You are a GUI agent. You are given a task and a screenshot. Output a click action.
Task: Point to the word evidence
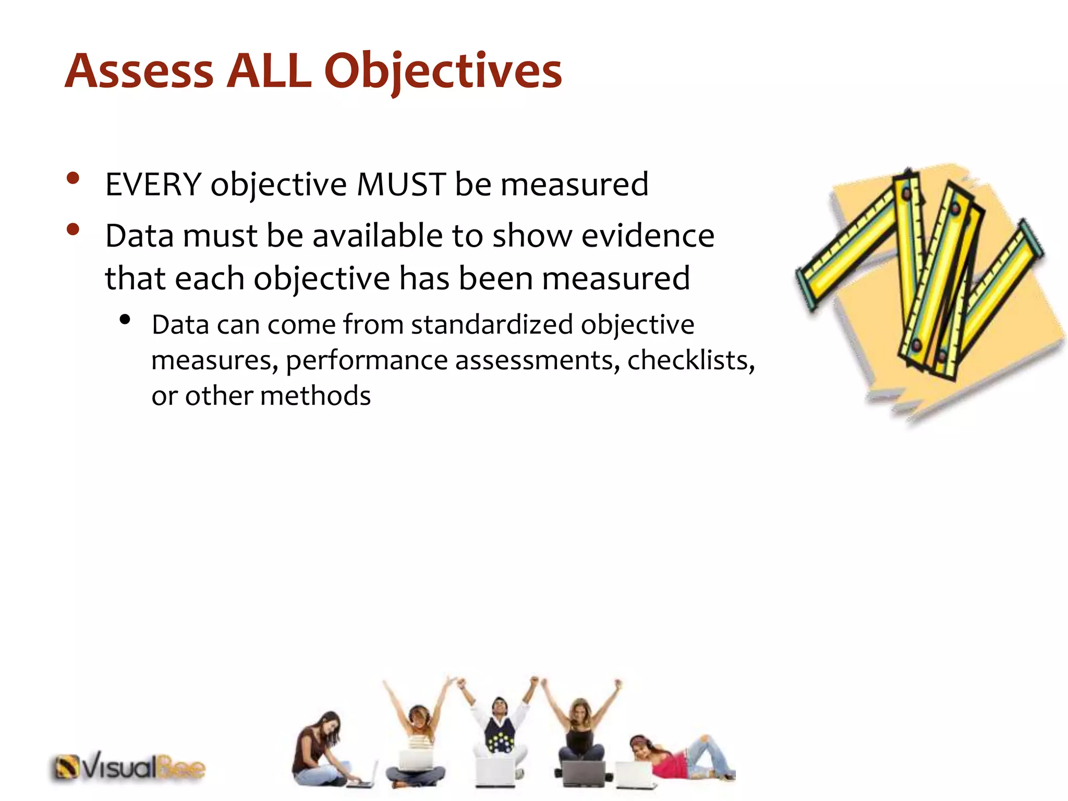click(648, 236)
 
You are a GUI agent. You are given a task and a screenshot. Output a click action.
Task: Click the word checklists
click(690, 360)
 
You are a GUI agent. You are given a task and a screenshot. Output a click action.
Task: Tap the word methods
click(315, 395)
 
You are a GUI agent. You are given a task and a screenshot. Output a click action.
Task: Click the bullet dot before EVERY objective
click(73, 178)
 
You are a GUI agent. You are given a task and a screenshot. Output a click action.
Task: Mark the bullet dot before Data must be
click(73, 229)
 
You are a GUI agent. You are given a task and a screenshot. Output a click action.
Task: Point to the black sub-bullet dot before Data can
click(124, 320)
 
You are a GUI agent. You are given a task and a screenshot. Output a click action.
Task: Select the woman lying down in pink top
click(678, 759)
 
